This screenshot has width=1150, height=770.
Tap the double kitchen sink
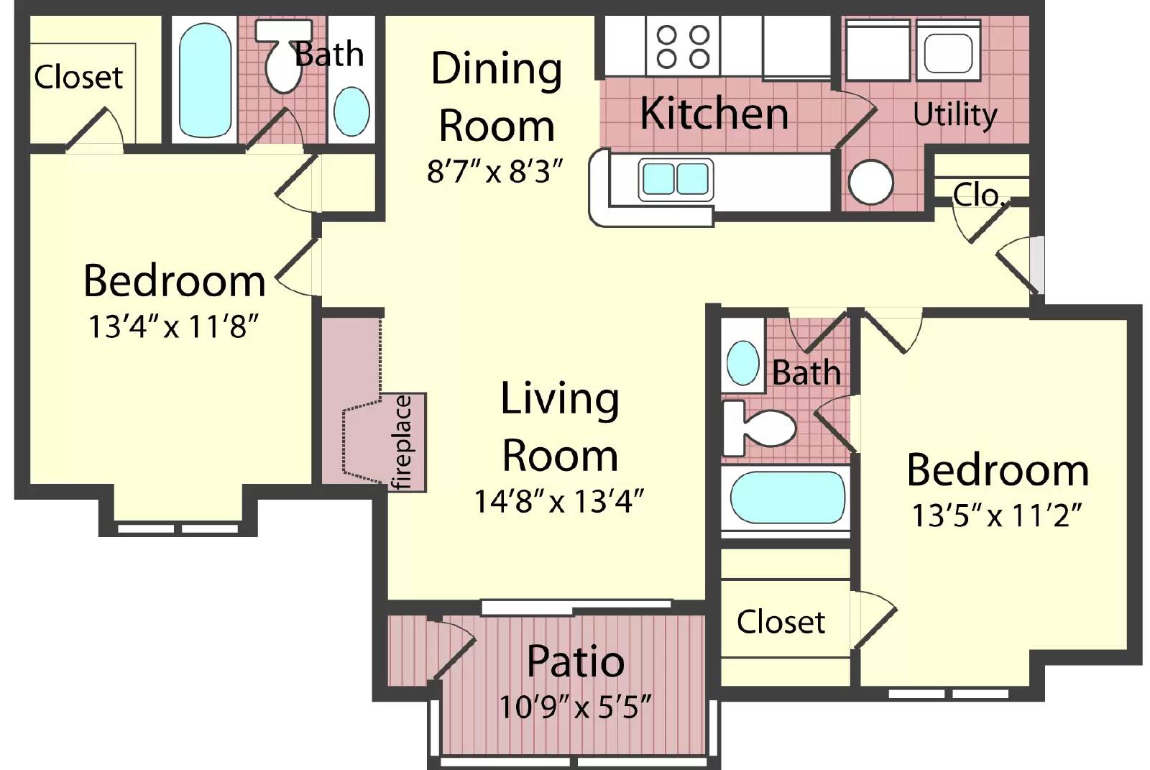[x=676, y=178]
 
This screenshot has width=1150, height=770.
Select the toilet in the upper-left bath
[x=282, y=61]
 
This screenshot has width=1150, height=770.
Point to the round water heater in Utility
[x=870, y=182]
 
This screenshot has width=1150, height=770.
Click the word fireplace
[x=403, y=442]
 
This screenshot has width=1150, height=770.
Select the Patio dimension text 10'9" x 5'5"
[x=575, y=707]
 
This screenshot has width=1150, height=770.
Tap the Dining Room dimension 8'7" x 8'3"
[x=494, y=171]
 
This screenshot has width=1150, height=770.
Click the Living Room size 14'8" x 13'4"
[x=558, y=501]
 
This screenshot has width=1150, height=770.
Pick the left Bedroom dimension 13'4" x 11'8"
[x=172, y=326]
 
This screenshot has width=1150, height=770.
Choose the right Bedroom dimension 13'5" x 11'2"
[x=996, y=515]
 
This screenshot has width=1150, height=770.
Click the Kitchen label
[x=714, y=114]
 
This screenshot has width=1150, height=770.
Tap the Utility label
[x=954, y=114]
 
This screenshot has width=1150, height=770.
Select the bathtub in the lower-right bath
[x=787, y=497]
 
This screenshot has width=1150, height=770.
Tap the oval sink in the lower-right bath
[x=742, y=363]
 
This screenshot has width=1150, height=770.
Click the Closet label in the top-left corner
[x=78, y=77]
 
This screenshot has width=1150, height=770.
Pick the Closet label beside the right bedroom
[x=781, y=622]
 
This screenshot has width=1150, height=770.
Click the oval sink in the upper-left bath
[x=351, y=111]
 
